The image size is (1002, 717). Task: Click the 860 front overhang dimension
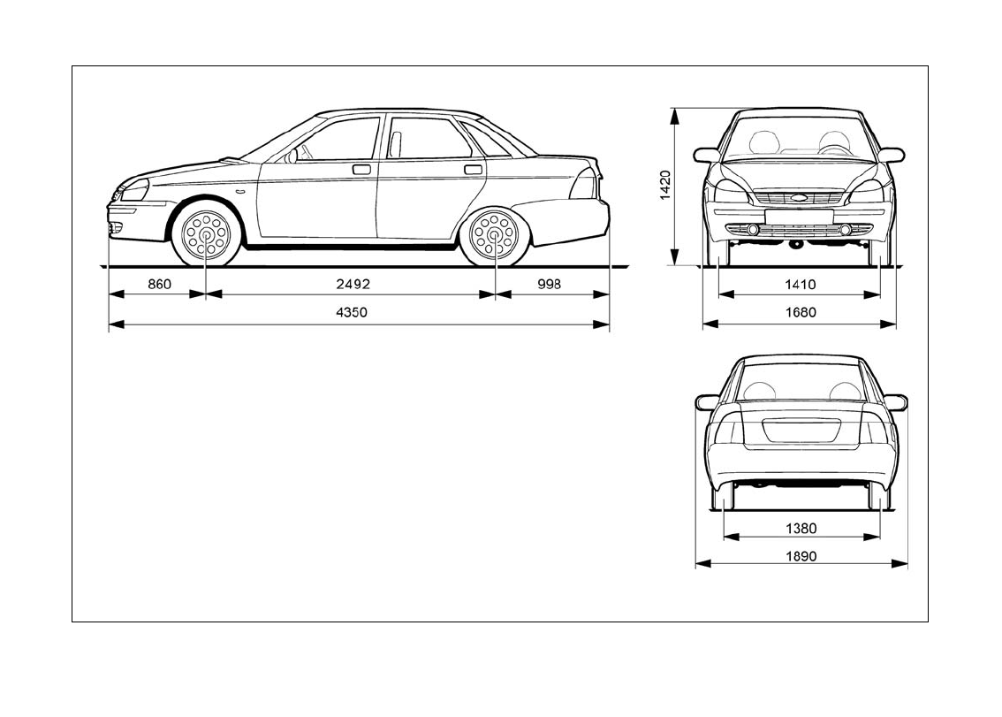point(157,285)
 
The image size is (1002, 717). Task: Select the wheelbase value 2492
point(352,285)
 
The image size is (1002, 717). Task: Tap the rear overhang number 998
point(548,285)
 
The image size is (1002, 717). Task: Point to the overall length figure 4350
point(352,313)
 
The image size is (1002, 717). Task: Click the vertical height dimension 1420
point(666,186)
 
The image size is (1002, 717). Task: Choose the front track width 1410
point(800,285)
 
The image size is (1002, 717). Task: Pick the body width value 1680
point(800,313)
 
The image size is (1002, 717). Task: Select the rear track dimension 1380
point(801,529)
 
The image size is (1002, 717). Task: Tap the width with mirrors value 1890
point(801,556)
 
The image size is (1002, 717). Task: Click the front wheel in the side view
point(206,235)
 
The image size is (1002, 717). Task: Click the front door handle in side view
point(361,168)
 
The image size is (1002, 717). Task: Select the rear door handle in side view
point(474,168)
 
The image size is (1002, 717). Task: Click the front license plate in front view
point(799,216)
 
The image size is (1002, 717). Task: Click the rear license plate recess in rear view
point(801,430)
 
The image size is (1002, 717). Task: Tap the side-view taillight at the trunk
point(585,184)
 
